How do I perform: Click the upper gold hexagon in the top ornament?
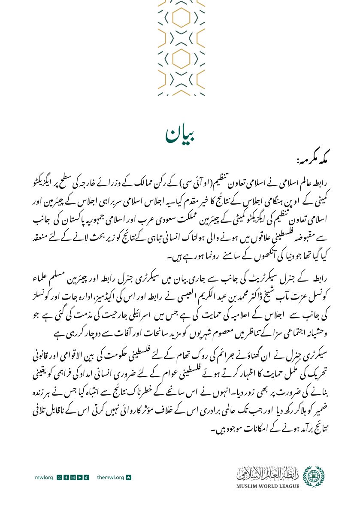click(x=181, y=17)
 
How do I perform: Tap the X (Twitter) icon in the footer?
click(x=60, y=478)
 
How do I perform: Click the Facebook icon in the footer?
click(x=66, y=478)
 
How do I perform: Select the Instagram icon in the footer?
click(x=73, y=478)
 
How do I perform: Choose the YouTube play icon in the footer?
click(x=79, y=478)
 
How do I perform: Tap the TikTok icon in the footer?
click(x=86, y=478)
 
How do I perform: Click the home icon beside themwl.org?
click(x=128, y=478)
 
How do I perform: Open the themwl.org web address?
click(x=111, y=478)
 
